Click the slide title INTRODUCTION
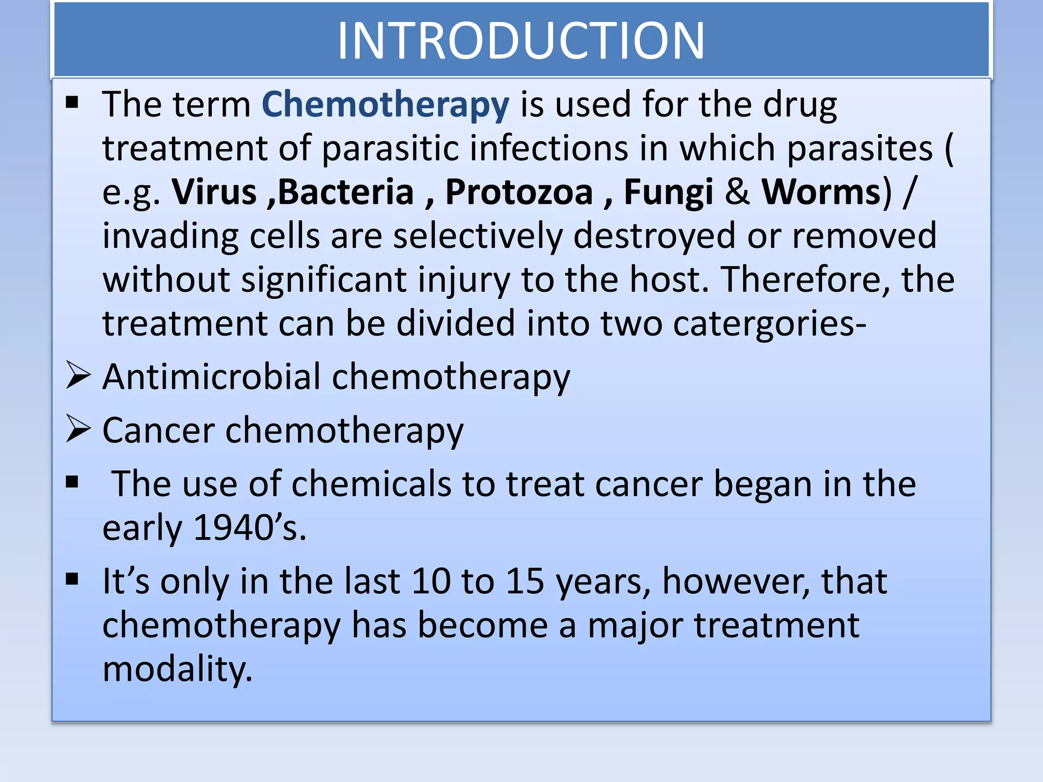click(x=520, y=41)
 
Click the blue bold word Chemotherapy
click(x=385, y=104)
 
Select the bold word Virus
click(x=214, y=192)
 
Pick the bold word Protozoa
click(x=519, y=192)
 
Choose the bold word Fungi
click(x=668, y=192)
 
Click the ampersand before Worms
click(x=737, y=192)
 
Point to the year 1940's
click(x=250, y=527)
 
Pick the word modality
click(x=177, y=669)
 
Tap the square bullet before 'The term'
click(x=72, y=102)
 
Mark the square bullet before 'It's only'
click(x=72, y=579)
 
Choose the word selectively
click(x=478, y=236)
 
